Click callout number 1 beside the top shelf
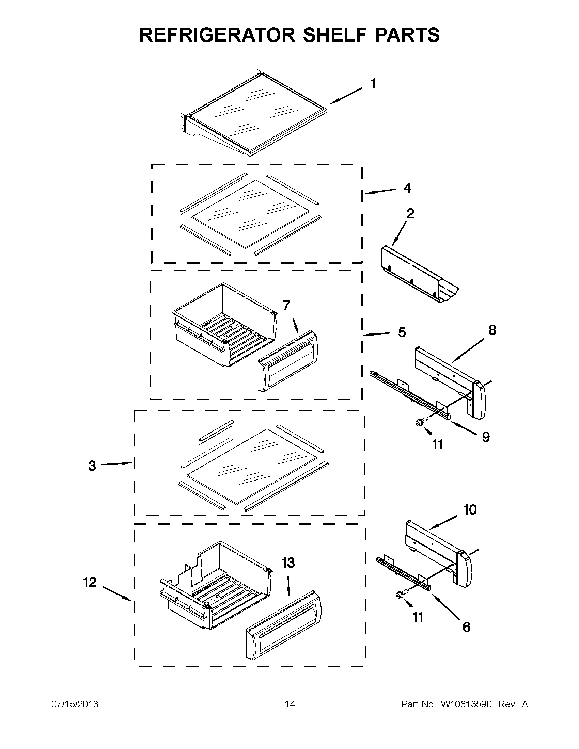(x=373, y=83)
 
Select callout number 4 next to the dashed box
(x=407, y=188)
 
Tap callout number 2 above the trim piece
(x=410, y=214)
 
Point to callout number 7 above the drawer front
(x=286, y=305)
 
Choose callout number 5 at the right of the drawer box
(x=402, y=332)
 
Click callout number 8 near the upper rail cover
(x=492, y=330)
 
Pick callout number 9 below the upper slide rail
(x=486, y=437)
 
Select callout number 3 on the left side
(x=92, y=466)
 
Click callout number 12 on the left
(x=90, y=582)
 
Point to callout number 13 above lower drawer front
(x=288, y=563)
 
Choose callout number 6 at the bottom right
(x=466, y=627)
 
